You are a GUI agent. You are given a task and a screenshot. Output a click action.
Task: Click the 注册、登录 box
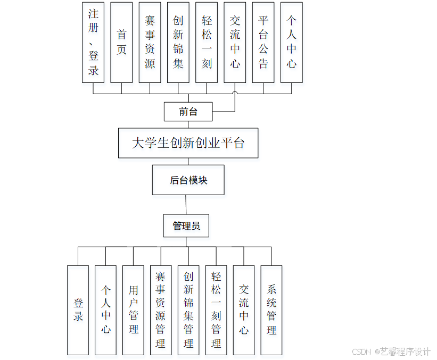tap(93, 43)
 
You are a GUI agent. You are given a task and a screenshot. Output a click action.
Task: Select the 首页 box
tap(121, 43)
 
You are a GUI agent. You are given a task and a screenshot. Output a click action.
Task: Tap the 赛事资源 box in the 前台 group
tap(150, 43)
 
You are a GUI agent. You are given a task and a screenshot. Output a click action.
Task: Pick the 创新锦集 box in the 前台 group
tap(178, 43)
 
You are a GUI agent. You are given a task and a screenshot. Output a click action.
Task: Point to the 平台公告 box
tap(263, 43)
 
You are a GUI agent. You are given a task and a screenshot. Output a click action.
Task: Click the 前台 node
tap(188, 112)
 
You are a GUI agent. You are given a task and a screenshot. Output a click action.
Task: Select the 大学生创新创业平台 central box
tap(188, 143)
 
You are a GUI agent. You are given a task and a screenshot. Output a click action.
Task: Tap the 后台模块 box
tap(188, 180)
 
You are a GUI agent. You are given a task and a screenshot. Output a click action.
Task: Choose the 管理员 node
tap(186, 226)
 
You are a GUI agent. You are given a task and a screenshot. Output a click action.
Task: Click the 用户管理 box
tap(133, 310)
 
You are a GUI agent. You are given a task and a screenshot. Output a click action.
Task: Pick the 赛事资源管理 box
tap(161, 310)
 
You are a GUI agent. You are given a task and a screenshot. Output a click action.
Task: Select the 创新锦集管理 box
tap(188, 310)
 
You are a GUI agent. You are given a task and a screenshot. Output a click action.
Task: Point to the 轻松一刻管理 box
tap(216, 310)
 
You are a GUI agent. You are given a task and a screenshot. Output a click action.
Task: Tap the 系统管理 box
tap(271, 310)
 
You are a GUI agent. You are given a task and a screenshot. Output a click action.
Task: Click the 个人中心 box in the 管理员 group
tap(105, 310)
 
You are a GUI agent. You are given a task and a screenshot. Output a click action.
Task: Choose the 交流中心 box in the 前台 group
tap(235, 43)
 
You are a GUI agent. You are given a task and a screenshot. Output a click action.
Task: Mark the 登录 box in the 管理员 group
tap(78, 310)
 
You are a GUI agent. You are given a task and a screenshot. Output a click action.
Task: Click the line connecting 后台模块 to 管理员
tap(186, 205)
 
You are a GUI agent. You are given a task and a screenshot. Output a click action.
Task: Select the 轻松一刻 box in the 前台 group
tap(207, 43)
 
